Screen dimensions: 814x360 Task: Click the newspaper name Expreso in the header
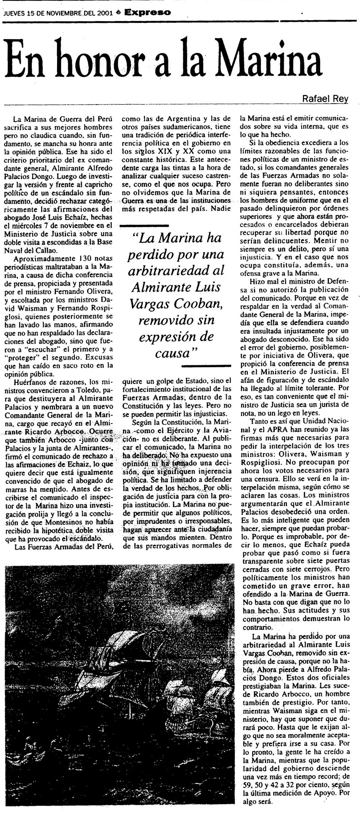coord(149,13)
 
